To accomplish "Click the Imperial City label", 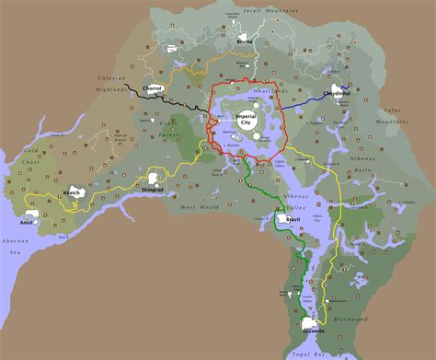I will click(x=247, y=120).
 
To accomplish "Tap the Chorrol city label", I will click(x=154, y=88).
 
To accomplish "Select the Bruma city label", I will click(x=246, y=41).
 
